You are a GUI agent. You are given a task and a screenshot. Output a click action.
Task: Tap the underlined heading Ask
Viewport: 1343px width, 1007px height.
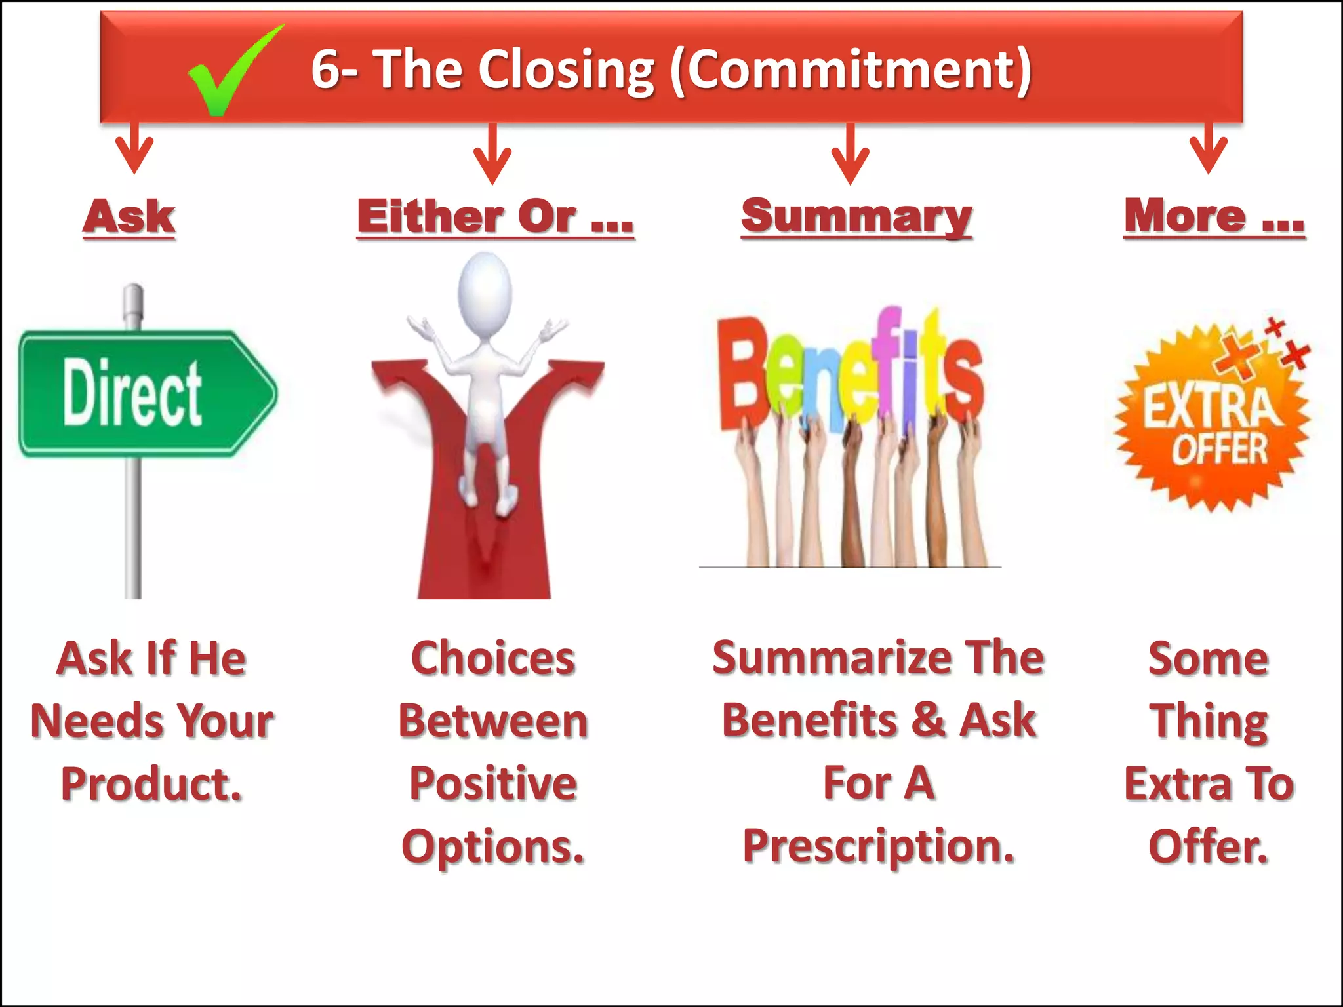(x=129, y=216)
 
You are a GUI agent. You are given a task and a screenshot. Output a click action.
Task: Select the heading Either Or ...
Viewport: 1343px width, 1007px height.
(x=495, y=216)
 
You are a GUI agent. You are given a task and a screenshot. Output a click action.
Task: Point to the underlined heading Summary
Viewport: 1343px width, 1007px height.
(x=856, y=216)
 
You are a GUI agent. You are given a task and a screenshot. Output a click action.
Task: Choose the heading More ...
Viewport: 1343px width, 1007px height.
(x=1214, y=216)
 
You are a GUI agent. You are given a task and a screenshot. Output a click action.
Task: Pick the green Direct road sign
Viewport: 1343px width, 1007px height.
(x=148, y=393)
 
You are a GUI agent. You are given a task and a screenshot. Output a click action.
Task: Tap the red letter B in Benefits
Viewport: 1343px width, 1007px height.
(x=741, y=374)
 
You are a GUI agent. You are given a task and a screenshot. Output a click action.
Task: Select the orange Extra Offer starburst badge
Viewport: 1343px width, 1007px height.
(x=1213, y=420)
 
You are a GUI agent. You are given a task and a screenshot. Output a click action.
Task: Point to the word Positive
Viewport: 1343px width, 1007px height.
(x=493, y=783)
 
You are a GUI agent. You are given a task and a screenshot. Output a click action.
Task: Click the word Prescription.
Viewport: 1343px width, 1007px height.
(x=879, y=846)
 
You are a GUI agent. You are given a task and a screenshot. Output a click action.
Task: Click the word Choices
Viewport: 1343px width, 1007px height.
(x=493, y=658)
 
